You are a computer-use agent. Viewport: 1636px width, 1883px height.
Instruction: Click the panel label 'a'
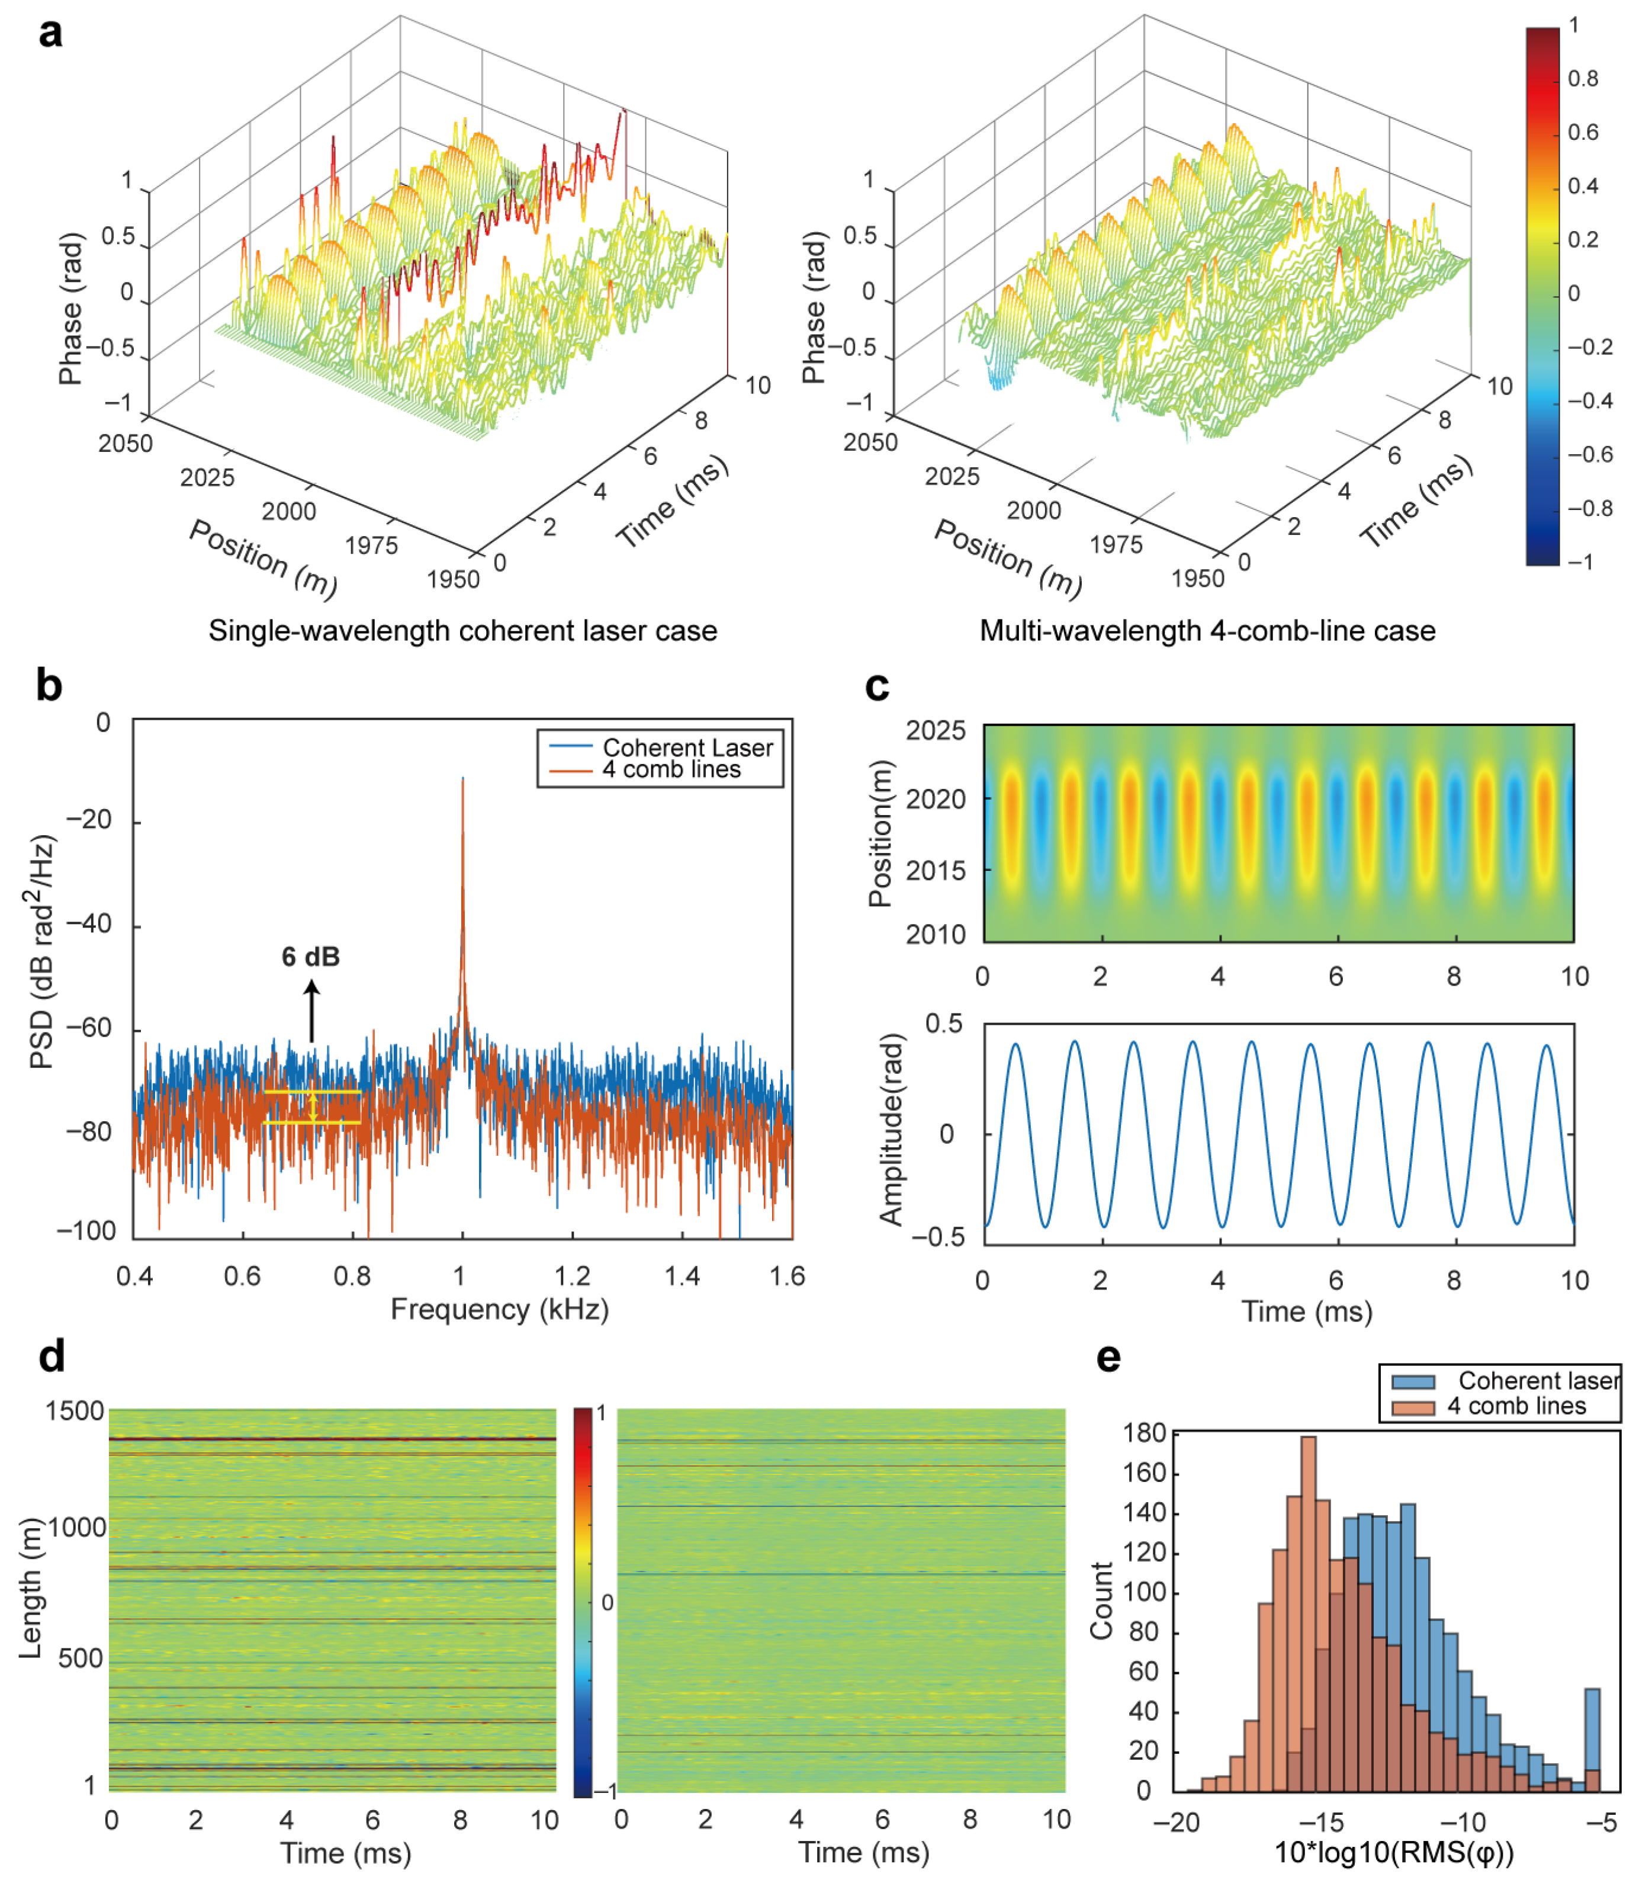coord(51,34)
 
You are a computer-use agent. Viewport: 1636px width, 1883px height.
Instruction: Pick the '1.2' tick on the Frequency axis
coord(573,1276)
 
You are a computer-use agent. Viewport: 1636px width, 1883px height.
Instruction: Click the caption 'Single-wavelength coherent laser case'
coord(463,630)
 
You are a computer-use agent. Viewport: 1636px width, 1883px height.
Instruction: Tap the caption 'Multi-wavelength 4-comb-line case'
coord(1207,630)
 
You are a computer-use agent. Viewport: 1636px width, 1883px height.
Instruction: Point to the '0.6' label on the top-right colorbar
coord(1583,133)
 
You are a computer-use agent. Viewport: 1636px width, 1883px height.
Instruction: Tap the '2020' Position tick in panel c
coord(935,799)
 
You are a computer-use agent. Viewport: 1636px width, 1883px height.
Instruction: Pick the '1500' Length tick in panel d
coord(75,1411)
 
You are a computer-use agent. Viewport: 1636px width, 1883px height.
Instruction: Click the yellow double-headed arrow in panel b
coord(313,1107)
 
